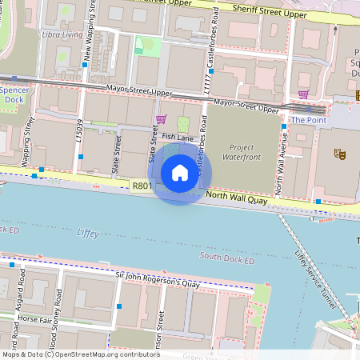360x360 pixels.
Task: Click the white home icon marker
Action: pyautogui.click(x=179, y=172)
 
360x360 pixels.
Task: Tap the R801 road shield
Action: pyautogui.click(x=142, y=186)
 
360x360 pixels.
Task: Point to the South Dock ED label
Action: pyautogui.click(x=227, y=257)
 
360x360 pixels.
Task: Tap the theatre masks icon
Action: pyautogui.click(x=339, y=153)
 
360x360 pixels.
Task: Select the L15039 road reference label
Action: pyautogui.click(x=80, y=131)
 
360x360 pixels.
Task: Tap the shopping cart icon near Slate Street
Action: pyautogui.click(x=161, y=119)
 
